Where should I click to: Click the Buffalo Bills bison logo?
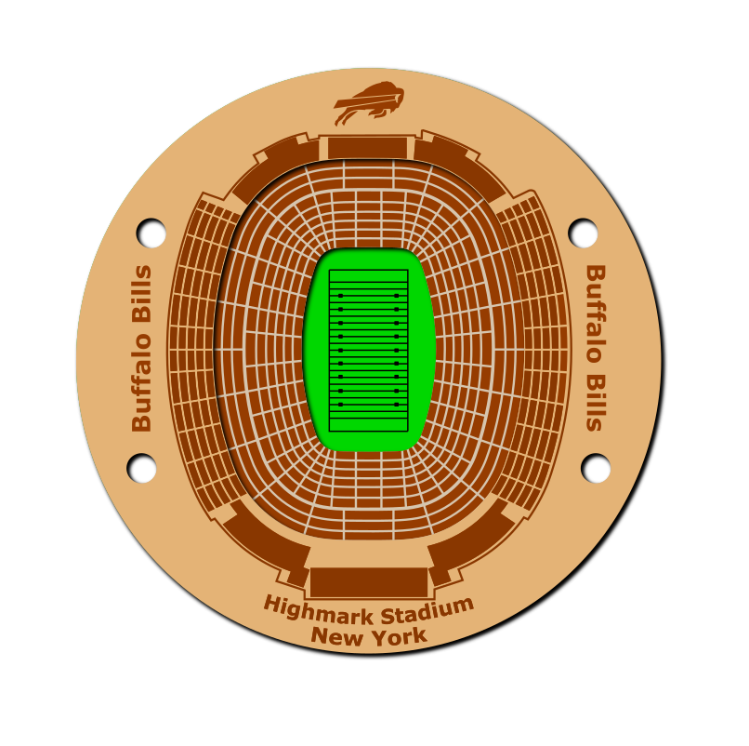[369, 102]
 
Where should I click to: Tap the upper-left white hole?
[151, 233]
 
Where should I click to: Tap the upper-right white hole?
[583, 233]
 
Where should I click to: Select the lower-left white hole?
[141, 468]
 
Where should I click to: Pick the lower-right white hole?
[595, 468]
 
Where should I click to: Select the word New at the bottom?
[336, 636]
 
